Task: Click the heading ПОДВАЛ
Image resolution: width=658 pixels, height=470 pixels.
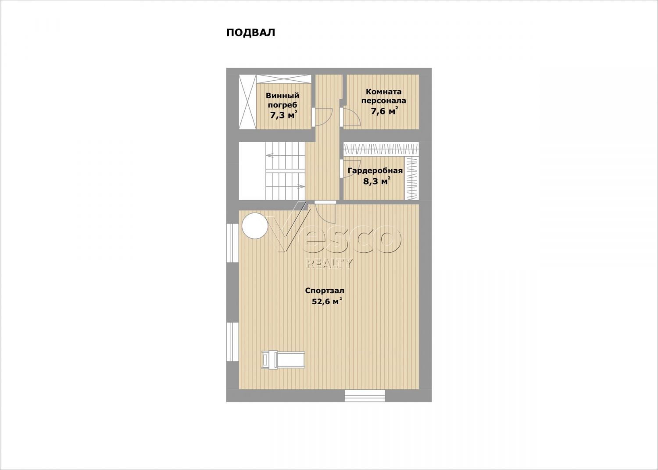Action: pyautogui.click(x=250, y=32)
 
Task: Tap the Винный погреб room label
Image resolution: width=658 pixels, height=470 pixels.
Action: pyautogui.click(x=283, y=100)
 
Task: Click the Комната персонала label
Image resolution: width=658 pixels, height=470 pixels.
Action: pyautogui.click(x=384, y=96)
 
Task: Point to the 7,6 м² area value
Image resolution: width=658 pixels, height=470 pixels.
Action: pyautogui.click(x=385, y=111)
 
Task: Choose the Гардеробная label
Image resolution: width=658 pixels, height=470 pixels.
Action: pyautogui.click(x=375, y=171)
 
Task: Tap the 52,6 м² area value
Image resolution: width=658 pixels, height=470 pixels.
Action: pyautogui.click(x=327, y=301)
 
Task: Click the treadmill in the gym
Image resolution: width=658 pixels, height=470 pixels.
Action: pyautogui.click(x=283, y=359)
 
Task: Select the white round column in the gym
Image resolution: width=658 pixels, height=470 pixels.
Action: pyautogui.click(x=254, y=226)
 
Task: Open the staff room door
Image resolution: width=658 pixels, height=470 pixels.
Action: pyautogui.click(x=350, y=117)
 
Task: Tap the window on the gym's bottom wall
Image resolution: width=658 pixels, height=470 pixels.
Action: pyautogui.click(x=365, y=396)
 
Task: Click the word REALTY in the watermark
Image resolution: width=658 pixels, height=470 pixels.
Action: pyautogui.click(x=329, y=263)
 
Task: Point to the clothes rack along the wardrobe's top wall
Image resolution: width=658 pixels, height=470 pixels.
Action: pyautogui.click(x=381, y=149)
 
